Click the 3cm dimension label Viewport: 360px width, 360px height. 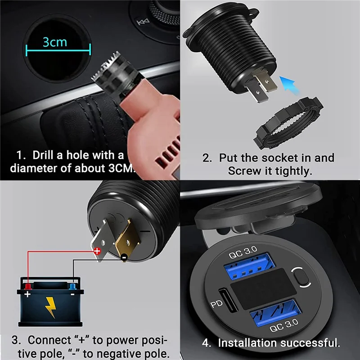(x=55, y=42)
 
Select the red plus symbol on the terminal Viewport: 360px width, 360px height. (x=97, y=252)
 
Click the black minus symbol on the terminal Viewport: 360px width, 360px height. (x=123, y=257)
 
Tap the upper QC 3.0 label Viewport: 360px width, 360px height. (x=243, y=253)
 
